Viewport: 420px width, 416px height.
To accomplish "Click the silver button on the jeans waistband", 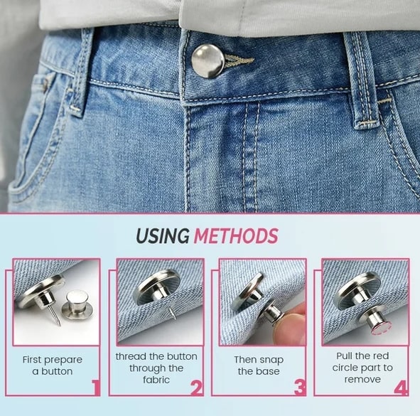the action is click(x=208, y=61).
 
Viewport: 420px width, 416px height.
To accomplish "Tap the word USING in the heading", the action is click(x=163, y=236).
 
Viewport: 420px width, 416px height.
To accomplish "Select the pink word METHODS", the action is click(x=236, y=236).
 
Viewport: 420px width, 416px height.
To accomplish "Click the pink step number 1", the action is click(x=96, y=388).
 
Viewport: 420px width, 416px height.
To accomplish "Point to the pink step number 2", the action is click(x=197, y=388).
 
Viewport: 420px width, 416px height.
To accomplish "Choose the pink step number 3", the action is click(x=300, y=388).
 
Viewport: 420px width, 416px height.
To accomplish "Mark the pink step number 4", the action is click(x=401, y=388).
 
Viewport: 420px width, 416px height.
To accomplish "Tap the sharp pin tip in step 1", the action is click(x=60, y=324).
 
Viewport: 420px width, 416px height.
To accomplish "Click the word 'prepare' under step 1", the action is click(x=64, y=361).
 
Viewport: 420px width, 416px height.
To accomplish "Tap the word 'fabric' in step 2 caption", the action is click(x=156, y=380).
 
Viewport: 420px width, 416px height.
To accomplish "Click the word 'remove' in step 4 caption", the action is click(x=362, y=380).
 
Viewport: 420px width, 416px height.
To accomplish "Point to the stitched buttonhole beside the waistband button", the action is click(x=239, y=61).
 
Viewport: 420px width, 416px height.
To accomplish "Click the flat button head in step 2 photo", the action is click(x=156, y=287).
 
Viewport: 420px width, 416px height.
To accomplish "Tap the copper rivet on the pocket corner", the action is click(x=45, y=83).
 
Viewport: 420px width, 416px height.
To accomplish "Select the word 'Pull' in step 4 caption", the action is click(x=344, y=356).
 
